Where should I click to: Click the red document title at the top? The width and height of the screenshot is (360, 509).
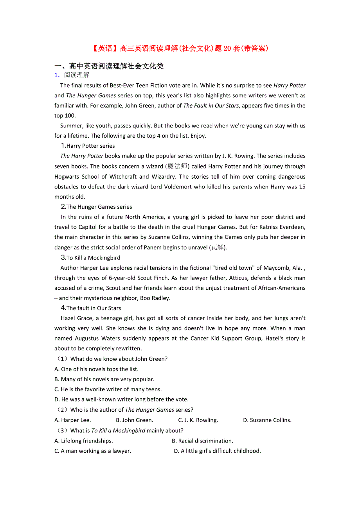point(180,48)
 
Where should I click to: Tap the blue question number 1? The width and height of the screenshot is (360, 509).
point(57,75)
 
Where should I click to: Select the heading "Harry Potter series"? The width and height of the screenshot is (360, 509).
point(90,146)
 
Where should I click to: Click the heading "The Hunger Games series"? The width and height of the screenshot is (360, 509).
point(99,207)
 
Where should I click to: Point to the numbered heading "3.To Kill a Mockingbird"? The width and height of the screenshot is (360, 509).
point(90,258)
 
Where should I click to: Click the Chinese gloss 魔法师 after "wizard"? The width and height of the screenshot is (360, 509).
point(178,166)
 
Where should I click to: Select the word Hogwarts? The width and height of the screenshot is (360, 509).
point(67,176)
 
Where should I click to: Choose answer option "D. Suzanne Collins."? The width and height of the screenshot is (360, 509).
point(267,420)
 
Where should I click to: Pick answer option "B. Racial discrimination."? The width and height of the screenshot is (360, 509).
point(202,441)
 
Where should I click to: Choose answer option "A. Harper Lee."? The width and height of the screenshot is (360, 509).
point(73,420)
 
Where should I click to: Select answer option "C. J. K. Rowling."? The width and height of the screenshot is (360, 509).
point(198,420)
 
